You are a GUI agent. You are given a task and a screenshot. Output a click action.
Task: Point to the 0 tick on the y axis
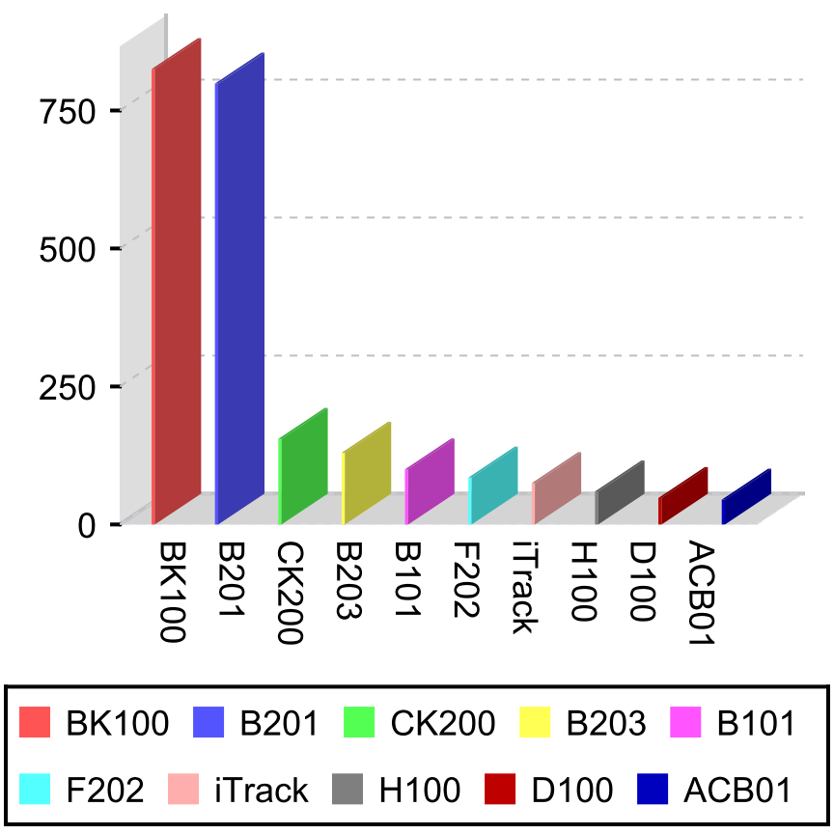[x=87, y=525]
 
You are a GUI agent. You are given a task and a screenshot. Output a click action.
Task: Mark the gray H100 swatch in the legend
[x=348, y=790]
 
